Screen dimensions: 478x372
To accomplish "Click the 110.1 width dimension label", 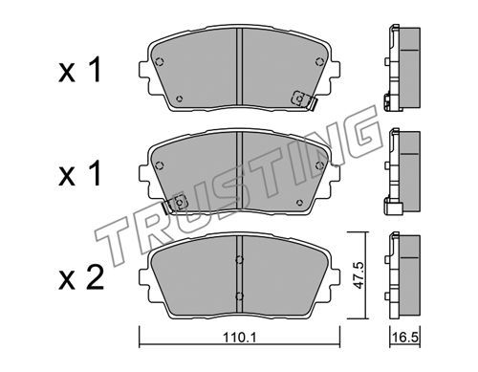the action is point(239,338).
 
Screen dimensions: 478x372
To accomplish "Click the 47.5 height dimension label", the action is point(359,275).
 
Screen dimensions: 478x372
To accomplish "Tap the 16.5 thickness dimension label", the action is point(405,338).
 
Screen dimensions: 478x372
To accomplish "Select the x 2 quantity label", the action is point(81,278).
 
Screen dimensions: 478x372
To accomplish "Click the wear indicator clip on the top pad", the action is point(304,100).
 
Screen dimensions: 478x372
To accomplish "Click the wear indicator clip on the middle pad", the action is point(174,204).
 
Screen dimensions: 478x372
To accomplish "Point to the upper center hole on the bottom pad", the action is point(239,260).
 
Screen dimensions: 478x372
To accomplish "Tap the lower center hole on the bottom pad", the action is point(239,296).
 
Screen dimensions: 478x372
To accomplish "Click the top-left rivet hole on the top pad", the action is point(160,61).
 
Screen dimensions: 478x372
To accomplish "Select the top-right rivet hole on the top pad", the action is point(319,61).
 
